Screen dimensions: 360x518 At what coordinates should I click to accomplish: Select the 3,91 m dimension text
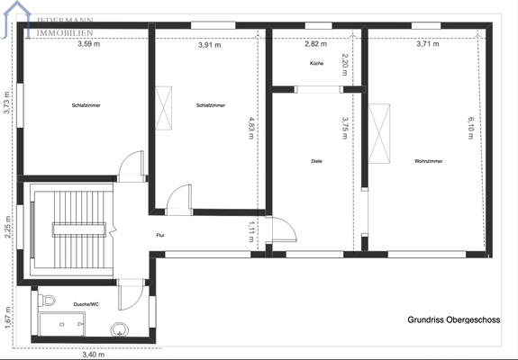point(209,44)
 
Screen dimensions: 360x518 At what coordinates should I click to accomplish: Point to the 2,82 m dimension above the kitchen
point(315,44)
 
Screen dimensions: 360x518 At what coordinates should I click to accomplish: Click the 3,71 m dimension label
point(429,44)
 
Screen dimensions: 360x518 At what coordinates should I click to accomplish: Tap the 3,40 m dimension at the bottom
point(92,355)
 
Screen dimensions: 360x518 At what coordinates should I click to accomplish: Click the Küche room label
point(316,64)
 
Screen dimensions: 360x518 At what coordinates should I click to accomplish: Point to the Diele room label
point(316,161)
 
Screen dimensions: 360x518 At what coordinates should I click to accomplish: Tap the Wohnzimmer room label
point(428,161)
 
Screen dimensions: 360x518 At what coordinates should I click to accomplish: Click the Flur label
point(160,235)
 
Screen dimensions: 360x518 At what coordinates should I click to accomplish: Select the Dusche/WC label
point(86,304)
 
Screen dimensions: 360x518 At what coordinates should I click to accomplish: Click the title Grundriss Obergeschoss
point(453,319)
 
